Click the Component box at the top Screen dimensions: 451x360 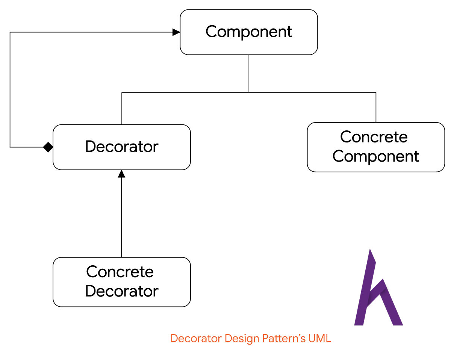click(x=248, y=32)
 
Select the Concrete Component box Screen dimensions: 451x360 click(x=376, y=147)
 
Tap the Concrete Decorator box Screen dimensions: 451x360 click(x=121, y=282)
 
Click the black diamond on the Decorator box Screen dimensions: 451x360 click(x=48, y=147)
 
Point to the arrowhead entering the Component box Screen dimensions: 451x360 click(x=176, y=32)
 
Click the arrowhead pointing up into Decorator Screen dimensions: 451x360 click(x=121, y=174)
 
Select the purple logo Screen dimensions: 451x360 click(x=378, y=287)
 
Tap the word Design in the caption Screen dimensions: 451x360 click(x=242, y=339)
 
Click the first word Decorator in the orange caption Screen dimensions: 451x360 click(x=196, y=338)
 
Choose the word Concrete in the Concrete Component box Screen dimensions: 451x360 click(x=374, y=137)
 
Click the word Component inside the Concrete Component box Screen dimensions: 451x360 click(x=375, y=157)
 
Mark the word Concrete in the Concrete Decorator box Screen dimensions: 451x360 click(x=120, y=272)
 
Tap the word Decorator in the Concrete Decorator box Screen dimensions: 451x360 click(x=122, y=291)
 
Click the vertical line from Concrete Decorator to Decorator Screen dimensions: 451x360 click(x=121, y=217)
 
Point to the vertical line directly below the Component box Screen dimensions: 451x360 click(x=249, y=74)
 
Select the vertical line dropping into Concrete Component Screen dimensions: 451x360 click(x=376, y=107)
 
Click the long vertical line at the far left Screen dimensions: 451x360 click(x=10, y=90)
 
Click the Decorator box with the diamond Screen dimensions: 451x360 click(x=121, y=147)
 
